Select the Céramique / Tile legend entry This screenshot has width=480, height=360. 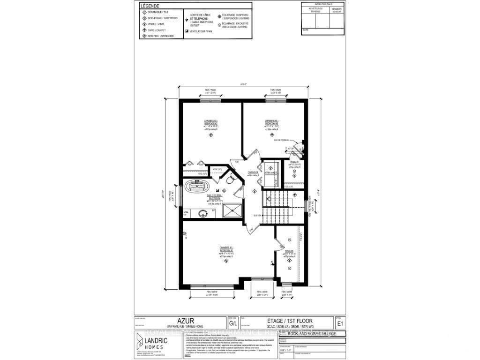pos(157,12)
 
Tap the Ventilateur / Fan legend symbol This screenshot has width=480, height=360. pos(187,31)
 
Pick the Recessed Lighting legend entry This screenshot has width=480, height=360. pos(234,25)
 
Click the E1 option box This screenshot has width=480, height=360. pos(339,323)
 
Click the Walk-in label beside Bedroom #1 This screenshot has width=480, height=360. pos(288,252)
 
